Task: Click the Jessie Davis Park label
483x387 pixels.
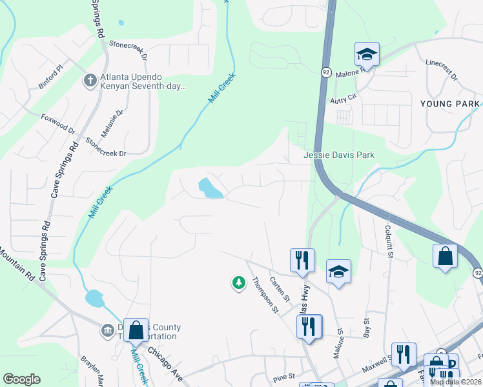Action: coord(339,155)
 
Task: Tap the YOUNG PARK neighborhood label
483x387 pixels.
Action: coord(449,104)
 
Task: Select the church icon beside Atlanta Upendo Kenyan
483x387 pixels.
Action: coord(90,81)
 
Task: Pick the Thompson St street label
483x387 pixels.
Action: coord(265,295)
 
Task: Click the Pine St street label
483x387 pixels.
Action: coord(283,375)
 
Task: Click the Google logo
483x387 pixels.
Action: coord(21,379)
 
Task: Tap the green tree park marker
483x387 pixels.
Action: coord(239,283)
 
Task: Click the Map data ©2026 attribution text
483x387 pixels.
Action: coord(455,382)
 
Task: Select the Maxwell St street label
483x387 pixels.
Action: coord(378,360)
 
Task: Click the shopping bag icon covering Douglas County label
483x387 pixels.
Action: coord(136,331)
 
